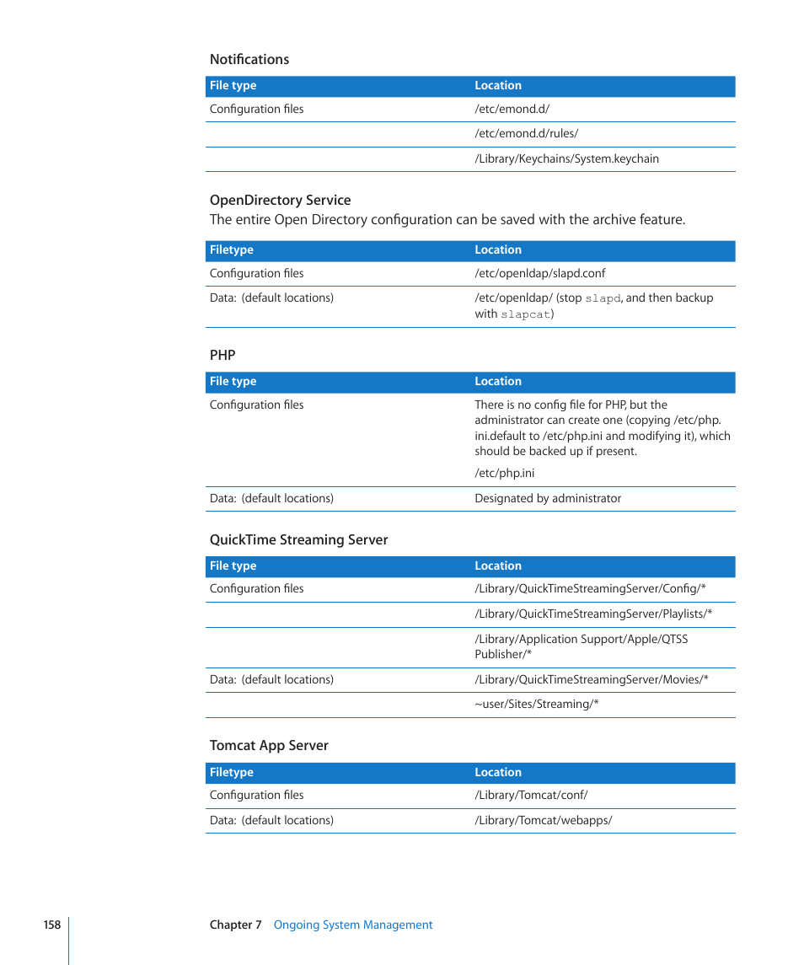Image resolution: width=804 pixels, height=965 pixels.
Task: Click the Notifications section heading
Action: (x=249, y=60)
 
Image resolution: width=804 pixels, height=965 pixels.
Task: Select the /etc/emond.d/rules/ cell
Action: (x=526, y=134)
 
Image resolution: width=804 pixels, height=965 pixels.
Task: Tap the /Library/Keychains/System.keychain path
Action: (x=566, y=159)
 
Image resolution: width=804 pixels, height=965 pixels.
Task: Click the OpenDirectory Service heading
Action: (x=280, y=201)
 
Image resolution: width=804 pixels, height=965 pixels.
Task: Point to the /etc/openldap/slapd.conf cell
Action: (x=539, y=274)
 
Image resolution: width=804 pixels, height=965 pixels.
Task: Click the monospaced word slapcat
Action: (x=526, y=314)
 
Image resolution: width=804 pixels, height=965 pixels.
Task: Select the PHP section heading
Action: (x=222, y=356)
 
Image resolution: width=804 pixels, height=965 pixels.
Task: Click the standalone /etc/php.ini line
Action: (x=504, y=474)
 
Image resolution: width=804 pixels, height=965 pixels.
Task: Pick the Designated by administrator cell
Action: (x=548, y=499)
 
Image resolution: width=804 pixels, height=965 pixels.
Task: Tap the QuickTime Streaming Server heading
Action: (x=298, y=540)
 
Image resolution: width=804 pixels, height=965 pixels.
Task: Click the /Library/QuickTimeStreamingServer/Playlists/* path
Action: (x=593, y=614)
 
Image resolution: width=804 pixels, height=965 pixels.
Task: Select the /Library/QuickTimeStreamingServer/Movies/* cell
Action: (x=591, y=680)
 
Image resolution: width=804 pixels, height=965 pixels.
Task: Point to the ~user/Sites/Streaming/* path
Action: (x=536, y=705)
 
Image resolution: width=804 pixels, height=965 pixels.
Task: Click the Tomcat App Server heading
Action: (x=269, y=746)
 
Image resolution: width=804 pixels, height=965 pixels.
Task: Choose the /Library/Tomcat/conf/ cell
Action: (x=531, y=796)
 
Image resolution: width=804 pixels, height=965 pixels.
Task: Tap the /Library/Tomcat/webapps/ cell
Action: (x=543, y=821)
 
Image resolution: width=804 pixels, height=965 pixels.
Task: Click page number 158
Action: (x=52, y=925)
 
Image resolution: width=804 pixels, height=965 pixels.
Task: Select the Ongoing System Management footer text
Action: (x=352, y=925)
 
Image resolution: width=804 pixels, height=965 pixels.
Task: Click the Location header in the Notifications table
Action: (x=498, y=86)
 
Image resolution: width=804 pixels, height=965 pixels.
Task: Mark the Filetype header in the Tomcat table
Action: (x=231, y=773)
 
